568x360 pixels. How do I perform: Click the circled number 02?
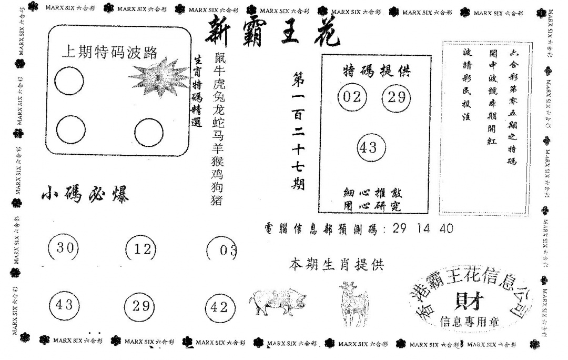[352, 97]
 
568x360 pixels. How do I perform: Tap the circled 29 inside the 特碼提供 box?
[396, 97]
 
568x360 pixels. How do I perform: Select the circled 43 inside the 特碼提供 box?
[371, 148]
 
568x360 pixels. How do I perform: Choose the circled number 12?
[141, 249]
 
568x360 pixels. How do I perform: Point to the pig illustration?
[277, 302]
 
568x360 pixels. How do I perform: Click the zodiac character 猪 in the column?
[216, 200]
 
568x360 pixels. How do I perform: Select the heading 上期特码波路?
[109, 52]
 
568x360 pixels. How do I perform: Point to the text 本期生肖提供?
[337, 265]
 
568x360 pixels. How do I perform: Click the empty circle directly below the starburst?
[148, 133]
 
